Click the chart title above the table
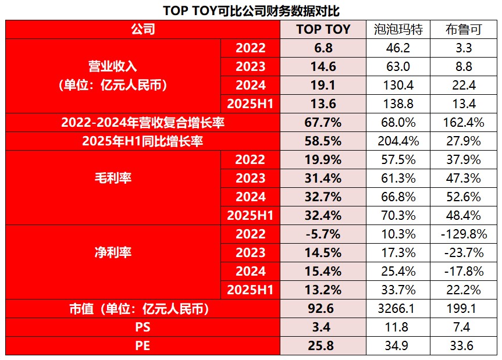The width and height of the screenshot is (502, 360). [x=251, y=10]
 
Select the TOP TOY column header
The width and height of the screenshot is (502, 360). [x=323, y=29]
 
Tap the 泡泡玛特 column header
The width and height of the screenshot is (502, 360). [x=398, y=29]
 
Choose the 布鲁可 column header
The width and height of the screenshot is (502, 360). [x=463, y=29]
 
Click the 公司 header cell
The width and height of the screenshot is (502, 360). [x=143, y=29]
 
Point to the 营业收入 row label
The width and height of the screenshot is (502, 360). [x=113, y=76]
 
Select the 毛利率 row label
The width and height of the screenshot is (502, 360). [x=113, y=178]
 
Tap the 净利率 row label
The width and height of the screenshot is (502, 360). [x=113, y=252]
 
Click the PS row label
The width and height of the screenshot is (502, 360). [x=143, y=327]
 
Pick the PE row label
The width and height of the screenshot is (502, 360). [x=143, y=346]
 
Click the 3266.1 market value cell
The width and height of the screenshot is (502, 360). [x=398, y=309]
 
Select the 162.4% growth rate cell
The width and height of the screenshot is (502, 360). [x=463, y=123]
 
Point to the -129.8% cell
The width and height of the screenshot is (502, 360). [x=463, y=234]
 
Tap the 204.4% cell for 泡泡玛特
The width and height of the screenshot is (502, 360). [x=398, y=141]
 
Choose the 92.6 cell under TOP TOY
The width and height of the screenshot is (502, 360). [x=323, y=309]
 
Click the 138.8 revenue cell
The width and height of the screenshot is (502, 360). [x=398, y=104]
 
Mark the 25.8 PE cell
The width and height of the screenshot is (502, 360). [x=323, y=346]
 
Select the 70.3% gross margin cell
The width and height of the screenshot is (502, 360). [x=398, y=216]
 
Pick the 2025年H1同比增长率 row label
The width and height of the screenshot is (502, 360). [x=143, y=141]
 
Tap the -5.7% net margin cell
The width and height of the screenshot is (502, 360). [x=323, y=234]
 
